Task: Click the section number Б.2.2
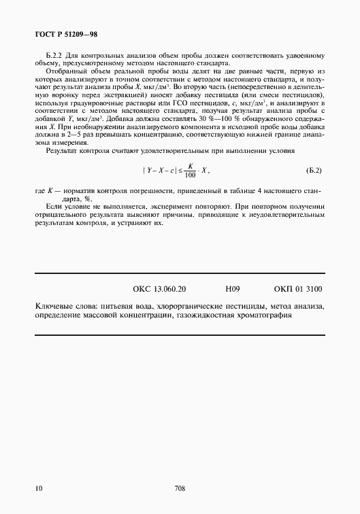[54, 55]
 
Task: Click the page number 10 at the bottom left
[38, 488]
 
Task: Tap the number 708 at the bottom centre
[180, 488]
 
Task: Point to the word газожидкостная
[202, 315]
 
